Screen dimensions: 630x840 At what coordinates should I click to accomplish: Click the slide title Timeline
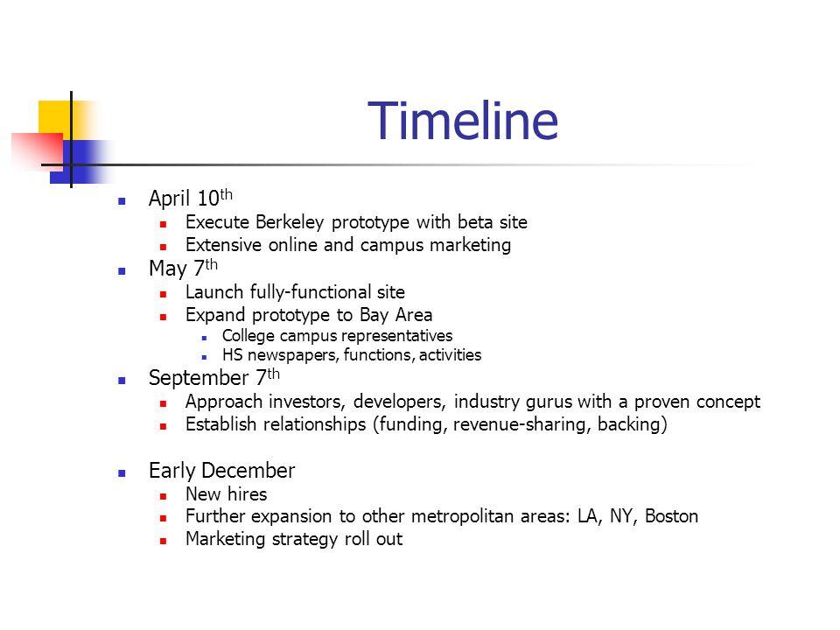pyautogui.click(x=463, y=121)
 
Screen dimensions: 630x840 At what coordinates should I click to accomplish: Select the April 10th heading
pyautogui.click(x=185, y=200)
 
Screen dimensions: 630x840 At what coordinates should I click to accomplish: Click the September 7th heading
pyautogui.click(x=209, y=378)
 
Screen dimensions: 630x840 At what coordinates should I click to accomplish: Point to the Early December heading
pyautogui.click(x=222, y=471)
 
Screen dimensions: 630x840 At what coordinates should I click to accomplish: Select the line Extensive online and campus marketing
pyautogui.click(x=347, y=246)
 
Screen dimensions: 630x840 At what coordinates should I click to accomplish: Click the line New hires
pyautogui.click(x=226, y=494)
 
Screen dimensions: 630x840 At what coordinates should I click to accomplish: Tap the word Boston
pyautogui.click(x=671, y=516)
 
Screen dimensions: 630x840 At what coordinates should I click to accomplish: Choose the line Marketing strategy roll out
pyautogui.click(x=294, y=539)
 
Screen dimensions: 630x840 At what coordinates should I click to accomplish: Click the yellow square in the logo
pyautogui.click(x=54, y=115)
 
